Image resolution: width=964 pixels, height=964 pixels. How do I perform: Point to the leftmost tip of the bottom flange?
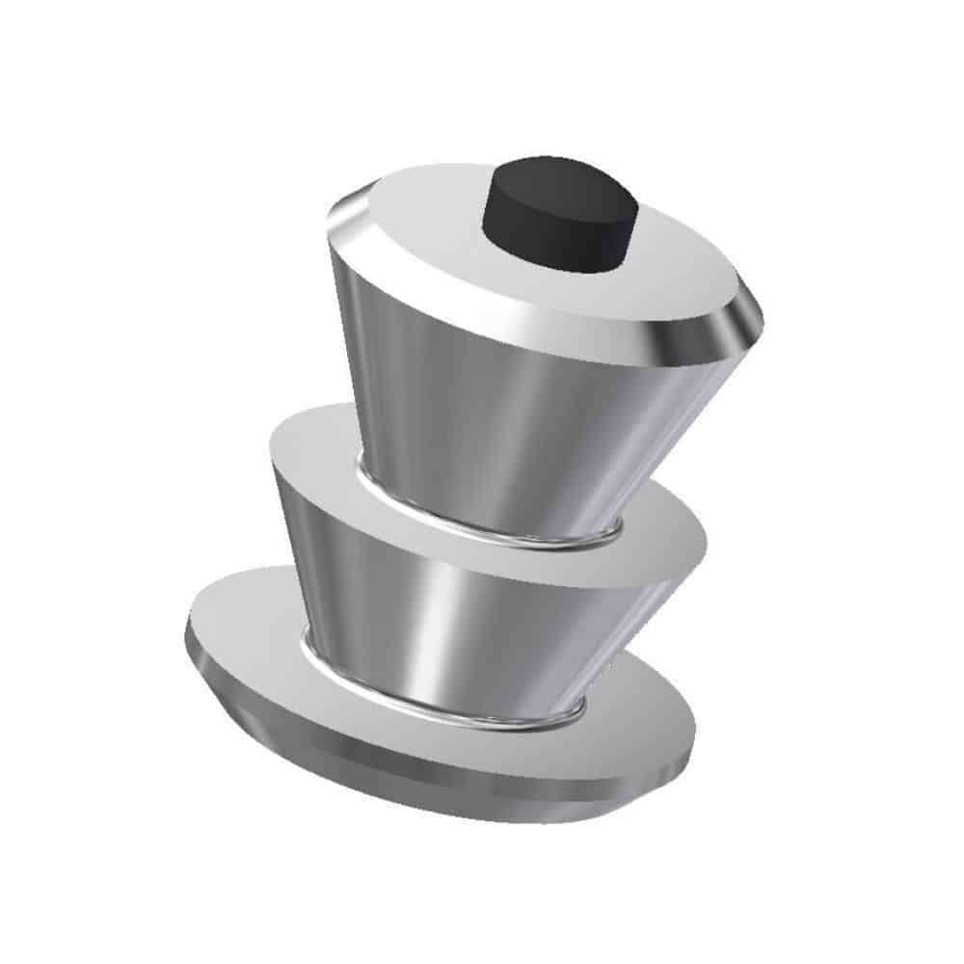click(x=189, y=636)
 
